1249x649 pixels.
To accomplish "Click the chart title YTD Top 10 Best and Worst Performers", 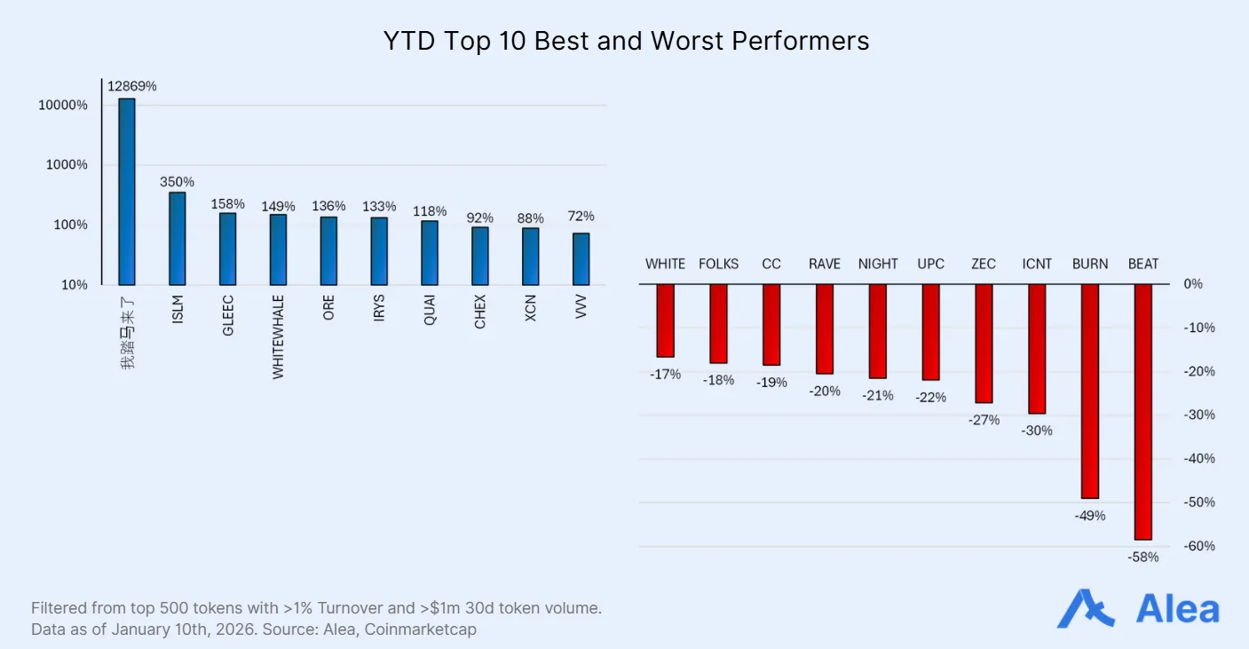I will (626, 41).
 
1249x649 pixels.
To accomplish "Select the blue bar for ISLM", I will (178, 238).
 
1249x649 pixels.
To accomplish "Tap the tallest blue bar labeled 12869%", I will (127, 191).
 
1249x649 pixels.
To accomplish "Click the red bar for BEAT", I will (1142, 411).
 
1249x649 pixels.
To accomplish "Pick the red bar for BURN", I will (1089, 391).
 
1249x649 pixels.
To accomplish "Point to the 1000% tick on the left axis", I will (63, 165).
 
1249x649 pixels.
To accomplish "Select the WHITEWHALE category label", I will (279, 337).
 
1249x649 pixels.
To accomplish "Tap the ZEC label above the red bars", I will (984, 264).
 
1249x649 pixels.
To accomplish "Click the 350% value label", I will (178, 181).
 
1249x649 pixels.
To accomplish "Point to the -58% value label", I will (1142, 558).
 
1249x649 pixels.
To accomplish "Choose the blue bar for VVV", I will (581, 258).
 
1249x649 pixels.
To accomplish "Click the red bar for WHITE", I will (665, 321).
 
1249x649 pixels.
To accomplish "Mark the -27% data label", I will (984, 420).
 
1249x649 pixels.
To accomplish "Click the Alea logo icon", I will (1085, 609).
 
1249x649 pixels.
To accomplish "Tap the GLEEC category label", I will (228, 316).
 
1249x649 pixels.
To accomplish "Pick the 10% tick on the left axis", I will (74, 285).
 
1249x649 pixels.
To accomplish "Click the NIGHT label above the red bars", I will (878, 264).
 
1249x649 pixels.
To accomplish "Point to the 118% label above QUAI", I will (430, 211).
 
